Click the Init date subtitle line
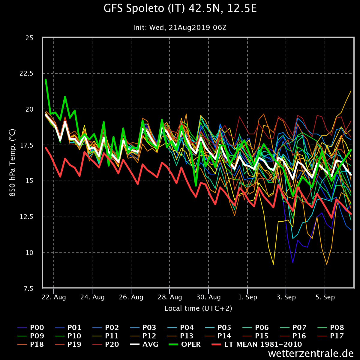click(180, 28)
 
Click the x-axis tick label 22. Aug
click(54, 297)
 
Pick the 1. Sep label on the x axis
click(247, 297)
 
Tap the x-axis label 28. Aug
click(169, 297)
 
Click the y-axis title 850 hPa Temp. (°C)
click(12, 163)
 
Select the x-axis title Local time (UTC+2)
click(198, 308)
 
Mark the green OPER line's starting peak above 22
click(46, 80)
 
